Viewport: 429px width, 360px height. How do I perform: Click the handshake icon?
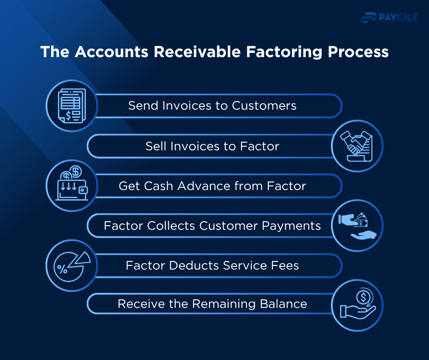(357, 146)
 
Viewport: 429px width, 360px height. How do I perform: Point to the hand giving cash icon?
(357, 225)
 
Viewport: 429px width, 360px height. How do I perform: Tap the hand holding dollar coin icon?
(357, 305)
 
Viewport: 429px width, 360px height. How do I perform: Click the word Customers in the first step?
(264, 106)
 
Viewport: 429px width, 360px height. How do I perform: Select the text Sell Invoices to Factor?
(212, 146)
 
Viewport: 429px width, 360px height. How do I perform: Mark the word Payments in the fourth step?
(295, 226)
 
